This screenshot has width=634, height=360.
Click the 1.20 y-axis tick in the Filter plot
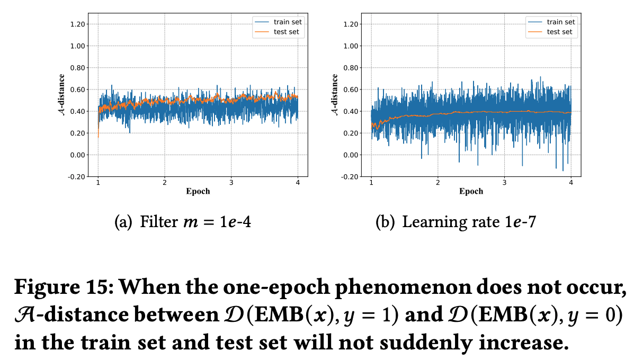(77, 24)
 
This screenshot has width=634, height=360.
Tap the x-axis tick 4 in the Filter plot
(298, 183)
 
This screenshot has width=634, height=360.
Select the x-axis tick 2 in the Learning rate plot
(437, 183)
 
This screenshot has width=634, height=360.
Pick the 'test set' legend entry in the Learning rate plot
(559, 32)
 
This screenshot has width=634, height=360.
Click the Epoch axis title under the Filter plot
(198, 191)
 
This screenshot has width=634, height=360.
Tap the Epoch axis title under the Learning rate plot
(471, 191)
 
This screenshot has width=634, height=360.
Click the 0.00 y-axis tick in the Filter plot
(77, 155)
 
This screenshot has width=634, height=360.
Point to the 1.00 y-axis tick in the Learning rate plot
(351, 46)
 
